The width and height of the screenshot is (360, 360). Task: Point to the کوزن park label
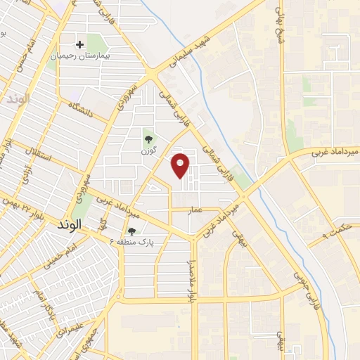tap(148, 150)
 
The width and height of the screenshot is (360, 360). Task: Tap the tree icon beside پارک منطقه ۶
tap(131, 231)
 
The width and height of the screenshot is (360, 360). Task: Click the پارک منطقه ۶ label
tap(132, 241)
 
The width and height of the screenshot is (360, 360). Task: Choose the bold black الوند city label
tap(67, 224)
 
